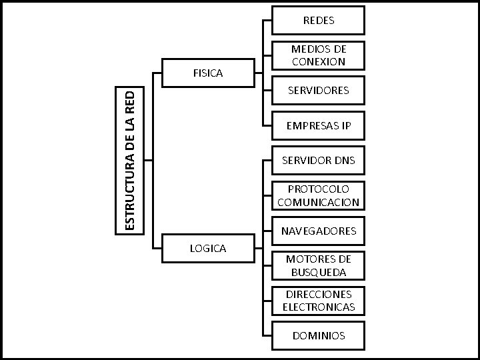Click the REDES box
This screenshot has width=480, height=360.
point(318,20)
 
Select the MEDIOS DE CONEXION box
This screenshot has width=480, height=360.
point(318,55)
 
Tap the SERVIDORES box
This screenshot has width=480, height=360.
point(318,90)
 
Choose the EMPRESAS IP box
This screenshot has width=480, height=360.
point(318,125)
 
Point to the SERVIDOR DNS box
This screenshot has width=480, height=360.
point(318,160)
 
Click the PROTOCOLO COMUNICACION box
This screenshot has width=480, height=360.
point(318,195)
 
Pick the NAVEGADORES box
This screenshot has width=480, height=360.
point(318,231)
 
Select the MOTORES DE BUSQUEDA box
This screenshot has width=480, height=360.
point(318,265)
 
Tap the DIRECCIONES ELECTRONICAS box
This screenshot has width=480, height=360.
point(318,301)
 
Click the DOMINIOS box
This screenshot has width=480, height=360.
point(318,335)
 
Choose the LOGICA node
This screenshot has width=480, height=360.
point(208,249)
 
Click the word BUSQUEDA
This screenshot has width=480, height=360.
point(318,273)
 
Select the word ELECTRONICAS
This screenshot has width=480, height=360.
point(318,308)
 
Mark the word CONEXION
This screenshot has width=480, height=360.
point(318,62)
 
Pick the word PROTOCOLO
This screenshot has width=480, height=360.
point(318,189)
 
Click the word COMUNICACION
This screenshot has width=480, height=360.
point(318,203)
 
